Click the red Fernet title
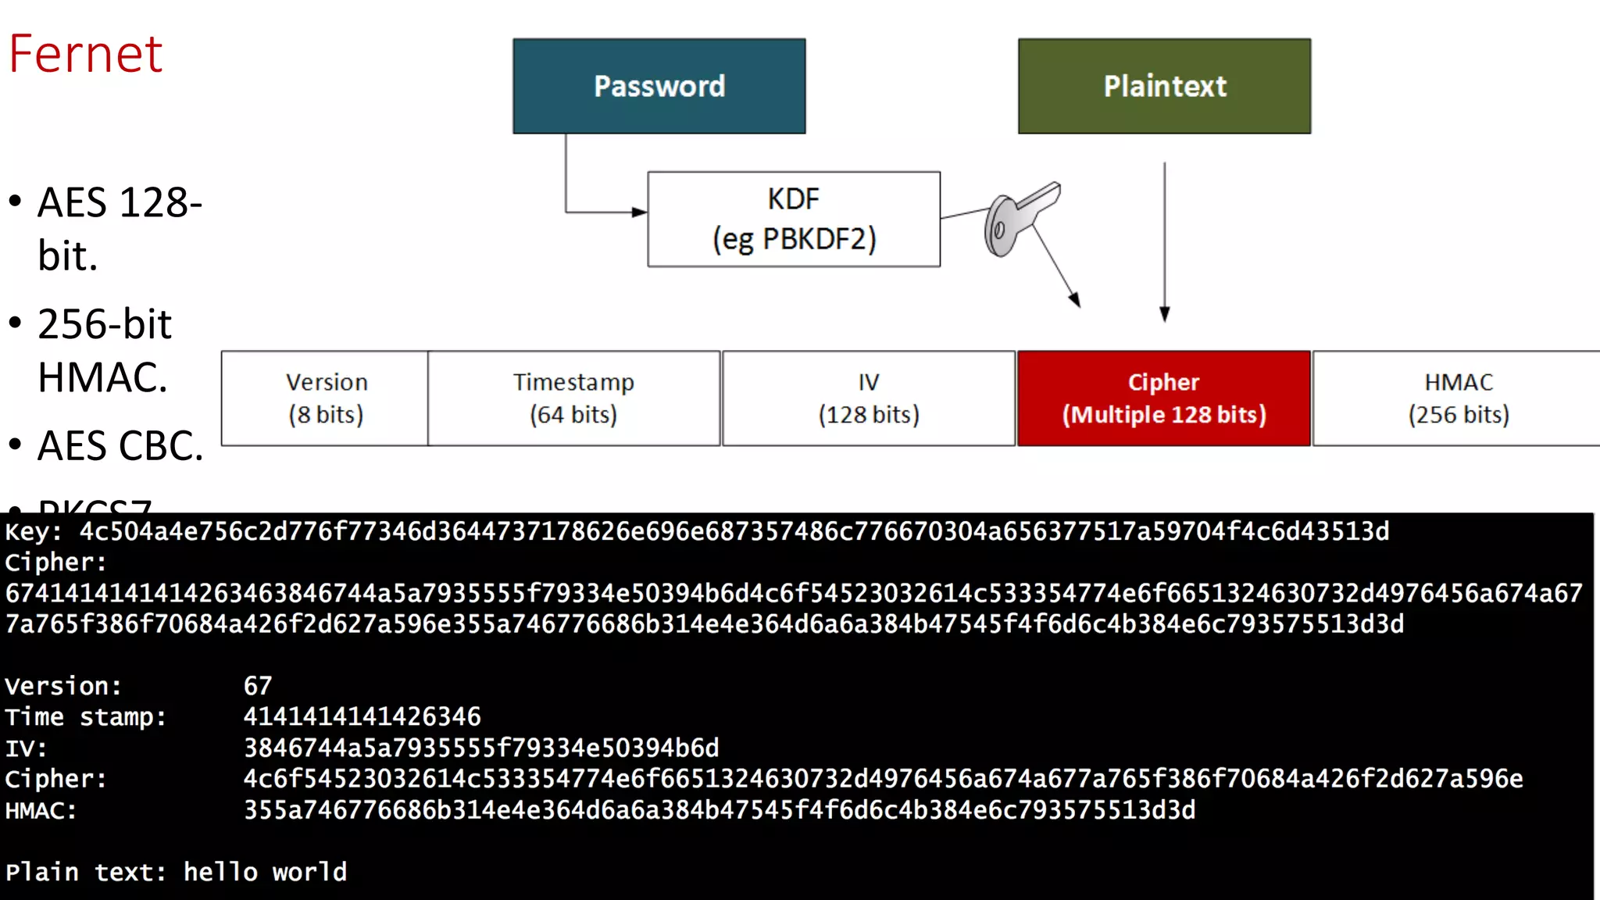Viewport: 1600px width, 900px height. point(86,55)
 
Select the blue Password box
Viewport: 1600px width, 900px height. point(659,86)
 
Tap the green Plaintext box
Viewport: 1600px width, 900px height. point(1164,86)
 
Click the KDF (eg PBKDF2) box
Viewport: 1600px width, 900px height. point(793,220)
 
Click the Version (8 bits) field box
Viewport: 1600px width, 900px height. point(325,398)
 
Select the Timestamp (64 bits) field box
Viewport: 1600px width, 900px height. point(573,398)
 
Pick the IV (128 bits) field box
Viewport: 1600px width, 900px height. point(869,398)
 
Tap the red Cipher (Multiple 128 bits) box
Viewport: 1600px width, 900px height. point(1163,398)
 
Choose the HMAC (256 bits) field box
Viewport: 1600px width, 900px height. point(1458,398)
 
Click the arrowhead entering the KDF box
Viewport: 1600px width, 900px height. point(639,212)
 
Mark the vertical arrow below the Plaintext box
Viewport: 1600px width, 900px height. point(1164,242)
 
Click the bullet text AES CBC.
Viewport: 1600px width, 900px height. point(120,446)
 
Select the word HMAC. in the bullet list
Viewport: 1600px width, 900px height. point(102,378)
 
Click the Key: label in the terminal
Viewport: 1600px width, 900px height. point(33,532)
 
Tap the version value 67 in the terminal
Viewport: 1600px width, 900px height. point(258,686)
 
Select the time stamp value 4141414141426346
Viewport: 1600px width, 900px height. point(362,717)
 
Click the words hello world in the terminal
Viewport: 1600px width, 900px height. point(265,872)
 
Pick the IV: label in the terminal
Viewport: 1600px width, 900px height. point(26,748)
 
